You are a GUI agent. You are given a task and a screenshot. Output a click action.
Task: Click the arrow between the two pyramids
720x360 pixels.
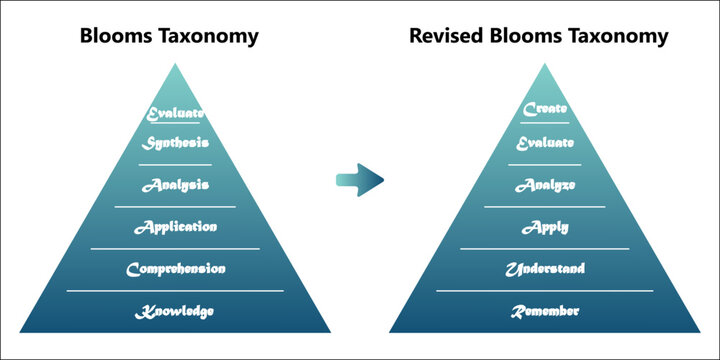point(360,180)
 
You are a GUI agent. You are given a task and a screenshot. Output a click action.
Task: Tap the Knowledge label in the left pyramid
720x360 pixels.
point(175,312)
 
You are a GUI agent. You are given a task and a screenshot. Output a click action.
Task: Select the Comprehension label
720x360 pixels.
point(175,269)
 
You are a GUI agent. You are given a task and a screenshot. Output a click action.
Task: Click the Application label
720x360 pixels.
point(175,226)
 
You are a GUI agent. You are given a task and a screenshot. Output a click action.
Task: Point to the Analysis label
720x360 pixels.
point(175,185)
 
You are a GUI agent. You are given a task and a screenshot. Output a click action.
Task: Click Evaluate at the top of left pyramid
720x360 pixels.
point(175,114)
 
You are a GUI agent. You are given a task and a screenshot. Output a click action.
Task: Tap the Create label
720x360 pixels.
point(545,108)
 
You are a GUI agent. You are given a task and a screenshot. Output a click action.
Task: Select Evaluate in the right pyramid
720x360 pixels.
point(545,143)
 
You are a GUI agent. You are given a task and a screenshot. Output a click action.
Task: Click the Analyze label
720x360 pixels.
point(545,185)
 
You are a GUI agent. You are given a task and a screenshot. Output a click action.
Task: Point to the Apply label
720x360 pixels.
point(545,227)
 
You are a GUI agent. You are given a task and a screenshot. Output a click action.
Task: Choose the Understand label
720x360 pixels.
point(545,269)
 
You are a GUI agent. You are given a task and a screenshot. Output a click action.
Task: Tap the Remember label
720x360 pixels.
point(545,312)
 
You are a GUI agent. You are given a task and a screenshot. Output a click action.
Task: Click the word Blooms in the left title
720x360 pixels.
point(115,36)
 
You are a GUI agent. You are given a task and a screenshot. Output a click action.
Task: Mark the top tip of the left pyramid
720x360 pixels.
point(175,64)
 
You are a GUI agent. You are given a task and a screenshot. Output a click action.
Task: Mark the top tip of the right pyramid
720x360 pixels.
point(545,64)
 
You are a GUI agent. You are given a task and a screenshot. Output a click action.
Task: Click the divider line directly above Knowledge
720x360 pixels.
point(175,291)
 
